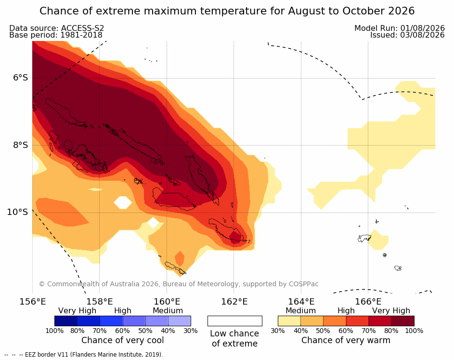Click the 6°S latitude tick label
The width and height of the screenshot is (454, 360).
pos(20,78)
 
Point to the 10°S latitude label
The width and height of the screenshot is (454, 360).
pos(17,212)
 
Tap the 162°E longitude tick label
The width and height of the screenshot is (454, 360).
pos(234,302)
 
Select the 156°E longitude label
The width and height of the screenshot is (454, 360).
pos(32,302)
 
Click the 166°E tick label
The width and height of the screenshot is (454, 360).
pos(368,302)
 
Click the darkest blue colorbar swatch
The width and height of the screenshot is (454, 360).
pos(66,321)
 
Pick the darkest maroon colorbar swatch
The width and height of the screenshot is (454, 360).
pos(403,321)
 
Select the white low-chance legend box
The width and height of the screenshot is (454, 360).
pos(235,321)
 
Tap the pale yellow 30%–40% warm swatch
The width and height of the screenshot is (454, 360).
pos(289,321)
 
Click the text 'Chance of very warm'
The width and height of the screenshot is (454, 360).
pos(346,340)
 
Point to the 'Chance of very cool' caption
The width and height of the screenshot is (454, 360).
pos(122,340)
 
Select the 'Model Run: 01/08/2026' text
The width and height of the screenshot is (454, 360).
pos(400,28)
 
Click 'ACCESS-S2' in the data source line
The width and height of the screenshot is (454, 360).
pos(82,28)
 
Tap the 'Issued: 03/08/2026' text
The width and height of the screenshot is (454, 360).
pos(407,35)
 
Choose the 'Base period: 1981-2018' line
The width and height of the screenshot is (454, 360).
pos(56,35)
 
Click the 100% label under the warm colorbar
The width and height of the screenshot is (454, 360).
pos(414,331)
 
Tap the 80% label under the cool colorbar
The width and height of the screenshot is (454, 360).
pos(78,331)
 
